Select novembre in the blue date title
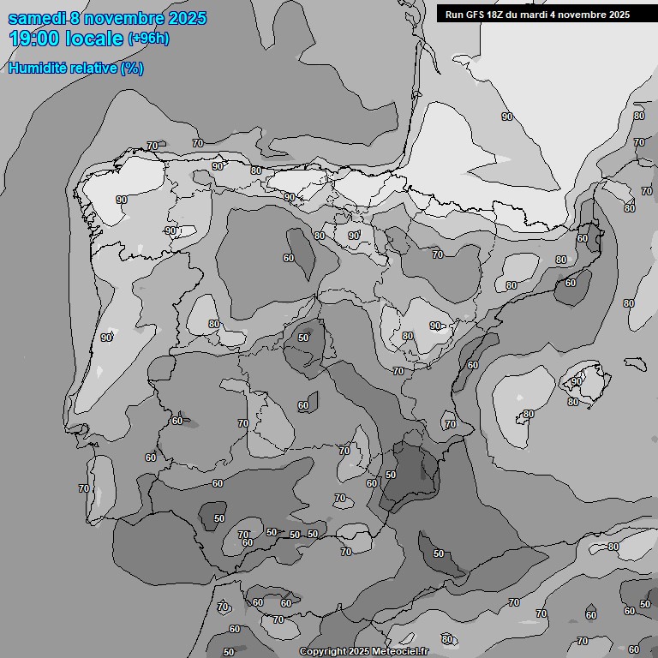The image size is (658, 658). (124, 18)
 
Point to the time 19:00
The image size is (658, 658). (34, 39)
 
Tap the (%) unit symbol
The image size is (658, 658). (132, 68)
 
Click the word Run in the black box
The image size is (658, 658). (455, 15)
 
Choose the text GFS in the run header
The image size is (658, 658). (476, 15)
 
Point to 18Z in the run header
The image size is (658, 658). (499, 15)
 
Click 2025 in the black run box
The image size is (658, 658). (619, 15)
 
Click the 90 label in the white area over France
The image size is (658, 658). (506, 117)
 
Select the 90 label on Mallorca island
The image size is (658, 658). (577, 381)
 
